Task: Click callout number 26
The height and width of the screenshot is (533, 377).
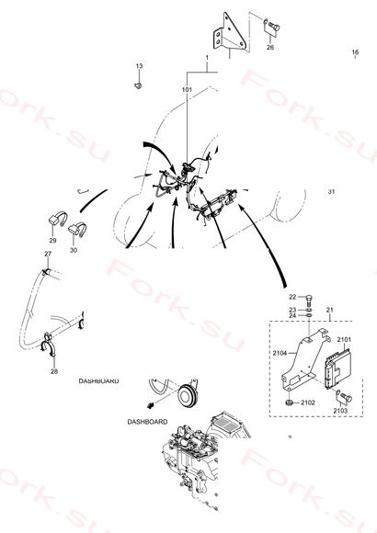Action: point(270,47)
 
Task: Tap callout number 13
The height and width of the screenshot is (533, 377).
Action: point(139,66)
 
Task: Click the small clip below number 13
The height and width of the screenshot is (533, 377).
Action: point(138,85)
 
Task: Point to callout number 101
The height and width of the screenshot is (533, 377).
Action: point(187,90)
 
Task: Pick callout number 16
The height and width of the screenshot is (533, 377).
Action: point(355,52)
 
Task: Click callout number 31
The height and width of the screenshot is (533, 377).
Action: point(331,191)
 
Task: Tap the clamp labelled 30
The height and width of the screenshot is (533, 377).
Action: point(77,230)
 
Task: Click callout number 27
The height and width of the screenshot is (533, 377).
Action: point(48,254)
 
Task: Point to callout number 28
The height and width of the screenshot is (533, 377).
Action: point(54,371)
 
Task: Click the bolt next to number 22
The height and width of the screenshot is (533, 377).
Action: point(309,300)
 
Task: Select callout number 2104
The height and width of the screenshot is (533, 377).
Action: point(280,353)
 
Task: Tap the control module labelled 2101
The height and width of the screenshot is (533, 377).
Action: point(337,369)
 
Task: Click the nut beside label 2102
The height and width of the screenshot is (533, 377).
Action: point(290,403)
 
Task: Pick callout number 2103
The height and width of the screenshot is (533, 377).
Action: point(340,411)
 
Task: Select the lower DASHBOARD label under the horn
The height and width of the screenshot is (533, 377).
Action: point(147,422)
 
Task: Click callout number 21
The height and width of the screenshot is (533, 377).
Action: point(329,310)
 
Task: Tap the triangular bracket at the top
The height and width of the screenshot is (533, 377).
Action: point(230,34)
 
